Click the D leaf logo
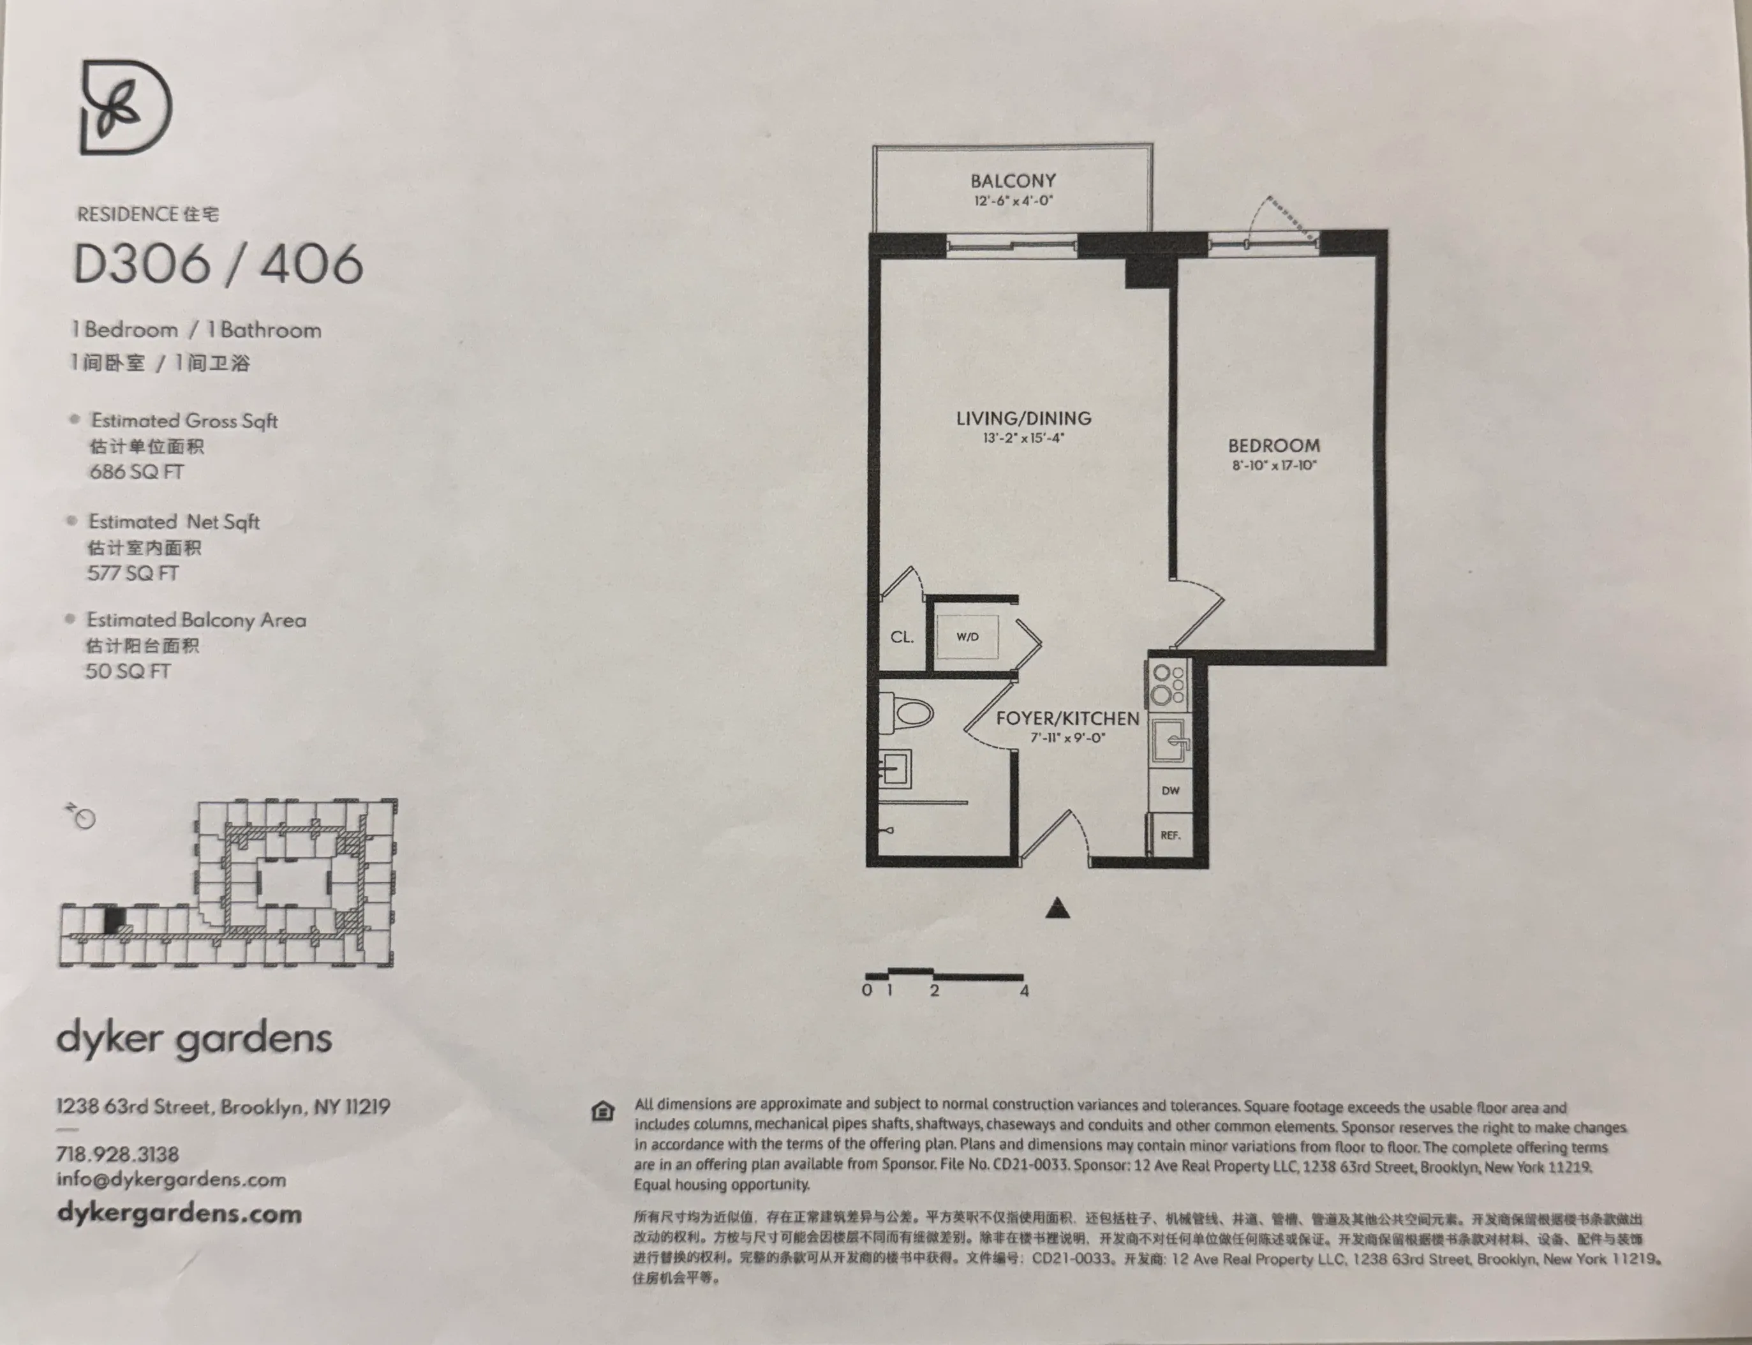pyautogui.click(x=126, y=107)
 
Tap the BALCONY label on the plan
pyautogui.click(x=1013, y=181)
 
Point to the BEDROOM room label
pyautogui.click(x=1273, y=446)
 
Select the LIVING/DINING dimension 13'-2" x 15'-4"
pyautogui.click(x=1023, y=438)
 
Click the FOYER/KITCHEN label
pyautogui.click(x=1067, y=718)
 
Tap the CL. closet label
pyautogui.click(x=902, y=638)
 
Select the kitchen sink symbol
pyautogui.click(x=1171, y=741)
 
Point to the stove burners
pyautogui.click(x=1168, y=685)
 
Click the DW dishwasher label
pyautogui.click(x=1170, y=790)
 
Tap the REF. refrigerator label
pyautogui.click(x=1170, y=835)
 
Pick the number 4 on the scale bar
pyautogui.click(x=1023, y=991)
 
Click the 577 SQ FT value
pyautogui.click(x=133, y=573)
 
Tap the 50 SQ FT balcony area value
pyautogui.click(x=128, y=671)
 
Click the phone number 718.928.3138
pyautogui.click(x=117, y=1154)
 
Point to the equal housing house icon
pyautogui.click(x=603, y=1111)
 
